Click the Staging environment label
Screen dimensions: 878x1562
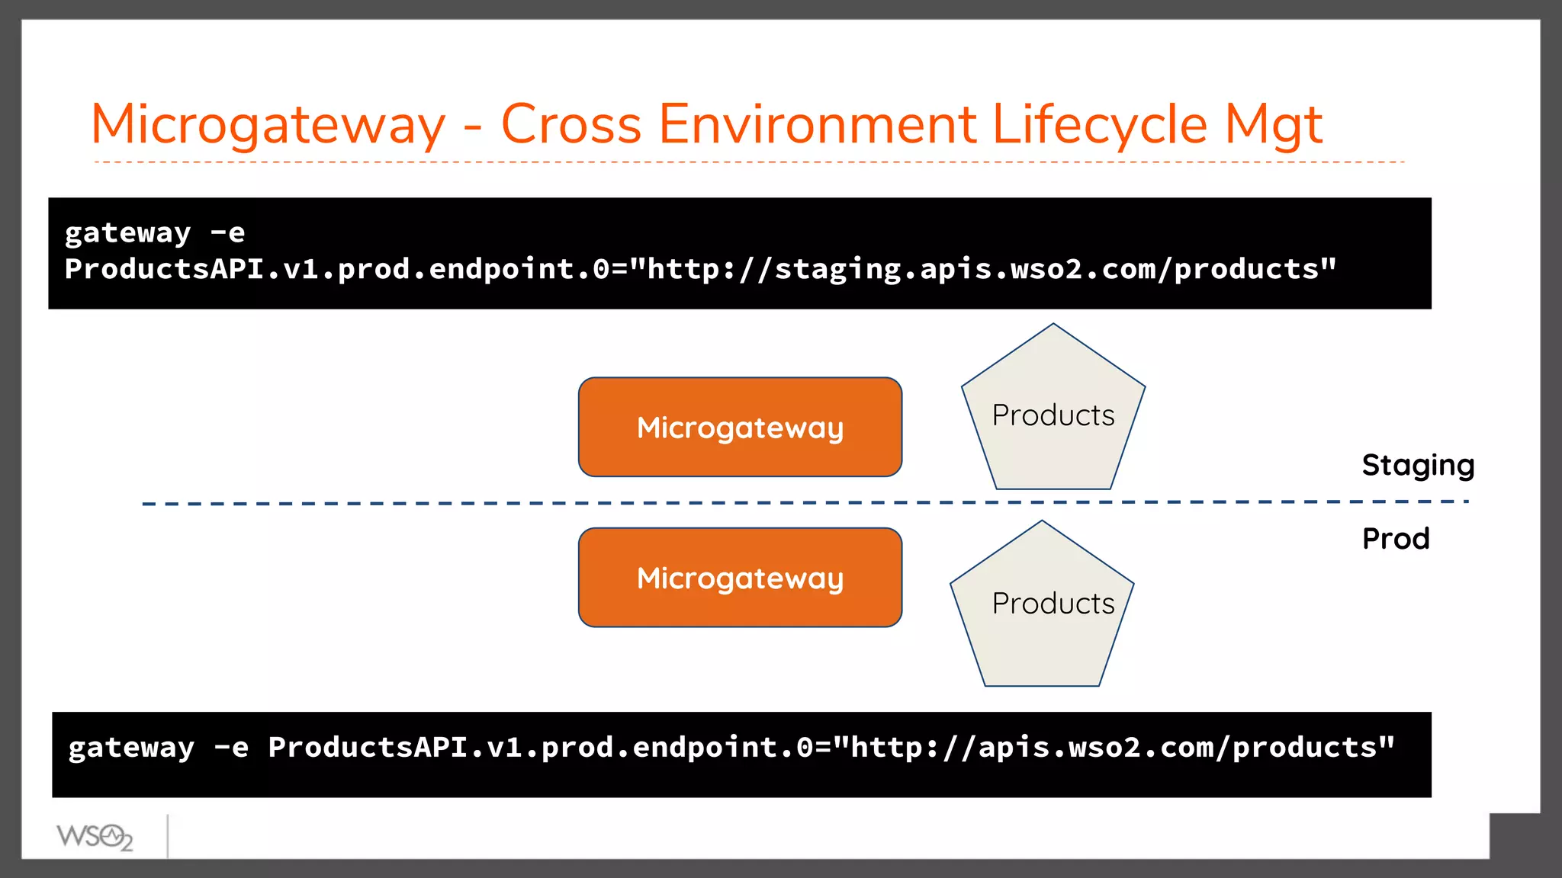point(1418,465)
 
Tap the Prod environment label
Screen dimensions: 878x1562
point(1396,539)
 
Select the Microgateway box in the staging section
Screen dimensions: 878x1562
point(740,428)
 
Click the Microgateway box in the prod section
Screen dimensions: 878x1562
point(740,578)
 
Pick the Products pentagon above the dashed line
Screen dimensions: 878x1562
point(1053,415)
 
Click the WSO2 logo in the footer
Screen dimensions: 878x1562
point(95,837)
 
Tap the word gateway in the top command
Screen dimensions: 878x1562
point(127,232)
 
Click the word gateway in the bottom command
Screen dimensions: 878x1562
point(131,748)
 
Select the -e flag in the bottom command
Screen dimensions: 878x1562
point(231,748)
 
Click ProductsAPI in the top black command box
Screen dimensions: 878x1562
point(164,269)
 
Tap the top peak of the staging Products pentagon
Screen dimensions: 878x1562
point(1053,325)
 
